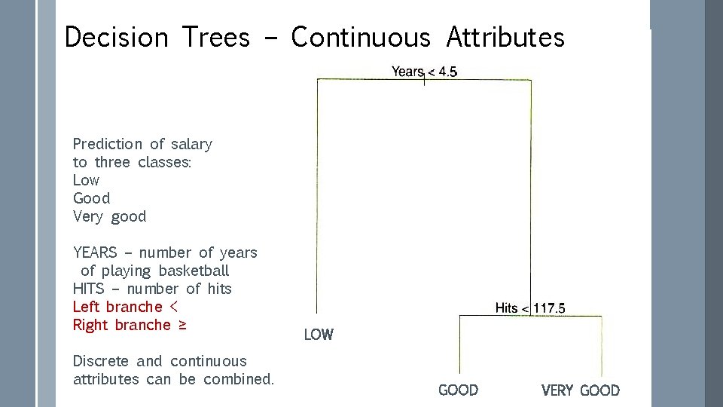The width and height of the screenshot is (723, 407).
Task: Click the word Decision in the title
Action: click(117, 37)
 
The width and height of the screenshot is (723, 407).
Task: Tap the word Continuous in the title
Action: click(361, 37)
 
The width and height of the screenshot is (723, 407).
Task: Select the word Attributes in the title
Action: click(505, 37)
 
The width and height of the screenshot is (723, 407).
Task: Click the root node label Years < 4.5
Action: click(424, 72)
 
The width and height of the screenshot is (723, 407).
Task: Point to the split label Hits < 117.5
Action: click(530, 308)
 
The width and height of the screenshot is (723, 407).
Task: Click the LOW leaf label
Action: click(319, 335)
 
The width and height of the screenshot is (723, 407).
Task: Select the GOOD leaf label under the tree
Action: click(458, 390)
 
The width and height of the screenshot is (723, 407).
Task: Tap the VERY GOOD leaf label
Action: click(580, 390)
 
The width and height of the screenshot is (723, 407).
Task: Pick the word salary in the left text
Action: click(191, 144)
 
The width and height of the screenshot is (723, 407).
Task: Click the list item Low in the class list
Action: click(86, 180)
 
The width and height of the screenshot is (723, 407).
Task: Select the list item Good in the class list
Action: click(91, 198)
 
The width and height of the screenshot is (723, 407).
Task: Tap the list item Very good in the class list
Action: click(109, 216)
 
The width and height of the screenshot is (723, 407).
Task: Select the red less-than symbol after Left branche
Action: click(174, 307)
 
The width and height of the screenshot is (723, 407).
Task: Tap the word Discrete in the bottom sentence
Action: click(101, 361)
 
